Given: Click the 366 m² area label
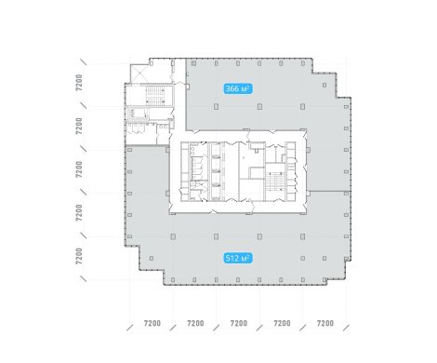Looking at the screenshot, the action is click(238, 89).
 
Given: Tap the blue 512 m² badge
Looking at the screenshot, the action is click(238, 258).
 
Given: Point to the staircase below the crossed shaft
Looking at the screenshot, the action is click(155, 96).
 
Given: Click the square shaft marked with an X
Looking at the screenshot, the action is click(139, 74).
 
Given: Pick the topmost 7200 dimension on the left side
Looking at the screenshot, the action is click(79, 83).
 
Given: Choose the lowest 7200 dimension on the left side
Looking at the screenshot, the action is click(79, 256).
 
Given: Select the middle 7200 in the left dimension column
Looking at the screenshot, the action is click(79, 169).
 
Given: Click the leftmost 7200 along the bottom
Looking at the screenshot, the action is click(152, 324).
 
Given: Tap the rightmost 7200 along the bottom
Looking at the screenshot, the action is click(325, 324).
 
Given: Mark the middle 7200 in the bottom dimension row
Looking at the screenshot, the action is click(239, 324).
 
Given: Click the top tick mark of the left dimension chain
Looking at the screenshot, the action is click(83, 61).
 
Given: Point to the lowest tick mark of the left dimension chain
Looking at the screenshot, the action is click(83, 278).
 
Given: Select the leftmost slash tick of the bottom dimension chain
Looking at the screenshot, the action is click(130, 328).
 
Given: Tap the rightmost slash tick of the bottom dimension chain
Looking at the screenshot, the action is click(346, 328).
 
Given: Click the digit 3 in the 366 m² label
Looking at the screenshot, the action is click(228, 89).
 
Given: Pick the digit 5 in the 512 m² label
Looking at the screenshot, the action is click(228, 258).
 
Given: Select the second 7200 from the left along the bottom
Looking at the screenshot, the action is click(195, 324).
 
